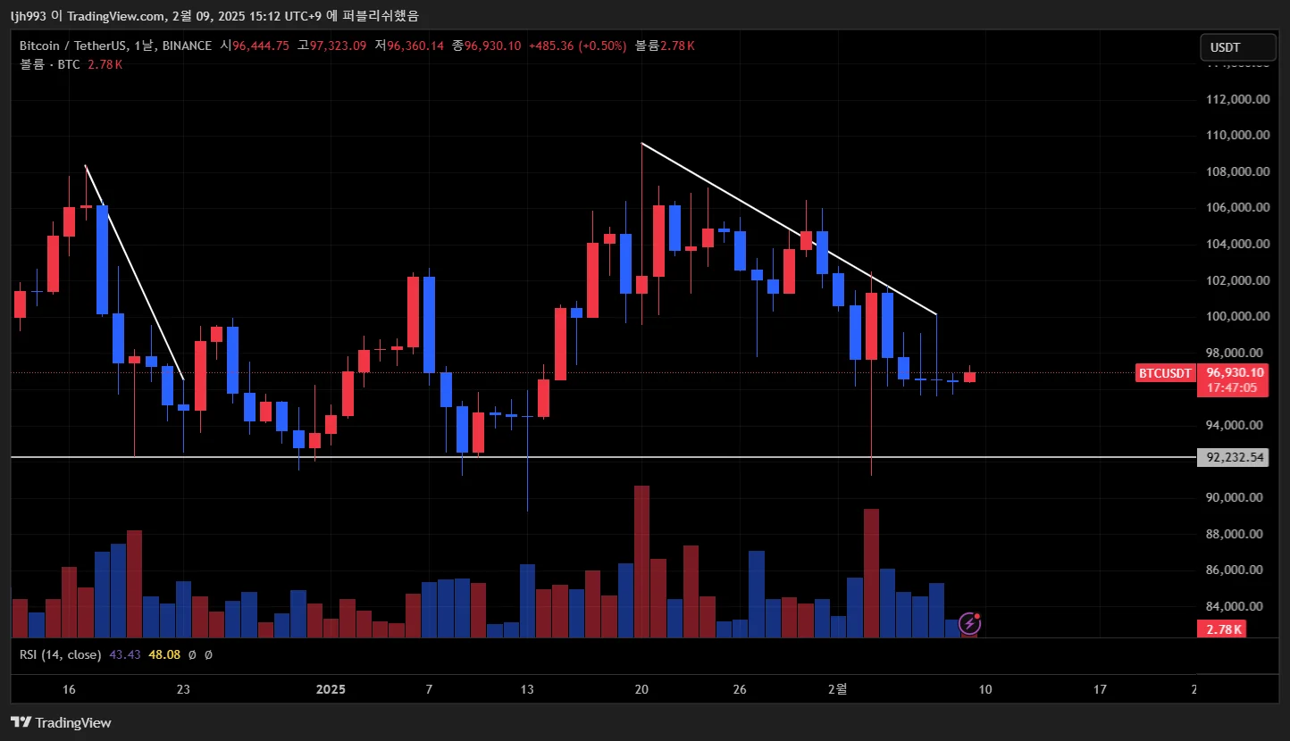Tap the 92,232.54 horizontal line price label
(1236, 457)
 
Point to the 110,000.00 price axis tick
(1237, 135)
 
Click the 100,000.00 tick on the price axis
(1237, 316)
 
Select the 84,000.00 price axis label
(1237, 606)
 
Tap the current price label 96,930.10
(1235, 372)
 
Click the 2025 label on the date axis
(331, 689)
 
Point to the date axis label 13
(527, 689)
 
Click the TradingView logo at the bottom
(61, 722)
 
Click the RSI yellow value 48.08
(164, 654)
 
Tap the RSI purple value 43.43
(125, 654)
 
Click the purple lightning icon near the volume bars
(969, 623)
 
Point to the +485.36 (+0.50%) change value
(577, 46)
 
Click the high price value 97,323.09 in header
(338, 46)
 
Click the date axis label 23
(183, 689)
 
